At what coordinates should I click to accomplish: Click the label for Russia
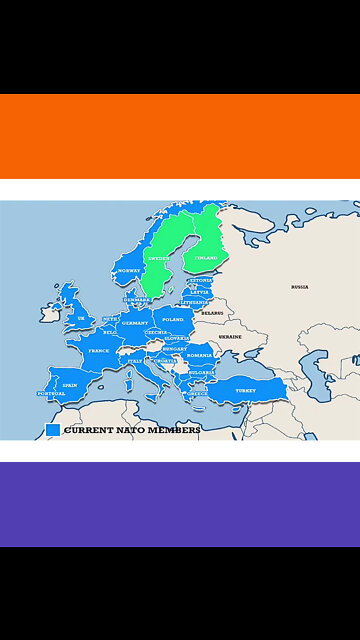tap(299, 287)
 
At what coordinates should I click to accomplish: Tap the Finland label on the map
tap(206, 258)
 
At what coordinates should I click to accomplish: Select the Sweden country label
tap(159, 258)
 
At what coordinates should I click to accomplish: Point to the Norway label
tap(129, 271)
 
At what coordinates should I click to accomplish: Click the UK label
tap(81, 319)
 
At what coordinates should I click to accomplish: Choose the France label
tap(98, 351)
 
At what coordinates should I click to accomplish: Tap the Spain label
tap(69, 385)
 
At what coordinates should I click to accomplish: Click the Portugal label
tap(51, 394)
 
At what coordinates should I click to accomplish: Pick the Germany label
tap(134, 323)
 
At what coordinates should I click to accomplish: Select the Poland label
tap(173, 320)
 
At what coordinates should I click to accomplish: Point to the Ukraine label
tap(230, 337)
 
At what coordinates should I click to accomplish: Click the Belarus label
tap(211, 313)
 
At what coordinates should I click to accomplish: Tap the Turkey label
tap(245, 390)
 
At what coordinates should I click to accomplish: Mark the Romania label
tap(200, 355)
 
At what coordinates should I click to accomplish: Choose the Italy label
tap(135, 361)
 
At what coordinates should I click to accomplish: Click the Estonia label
tap(201, 280)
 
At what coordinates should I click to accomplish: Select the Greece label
tap(197, 393)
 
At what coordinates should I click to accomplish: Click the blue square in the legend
tap(53, 430)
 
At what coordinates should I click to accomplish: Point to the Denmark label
tap(136, 299)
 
